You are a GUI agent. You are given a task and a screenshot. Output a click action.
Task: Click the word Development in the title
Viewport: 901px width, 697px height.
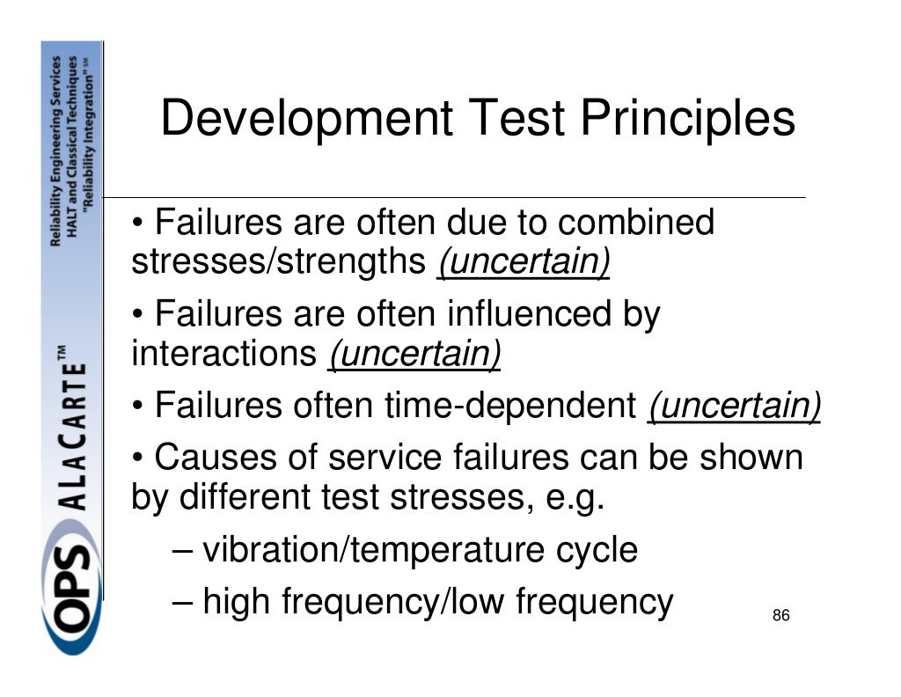point(305,119)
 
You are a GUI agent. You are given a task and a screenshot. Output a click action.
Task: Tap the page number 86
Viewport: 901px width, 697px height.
point(780,615)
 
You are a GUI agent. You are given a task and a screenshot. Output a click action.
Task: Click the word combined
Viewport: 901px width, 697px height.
point(636,223)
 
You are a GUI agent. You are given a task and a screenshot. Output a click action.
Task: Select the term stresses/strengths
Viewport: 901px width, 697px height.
point(279,262)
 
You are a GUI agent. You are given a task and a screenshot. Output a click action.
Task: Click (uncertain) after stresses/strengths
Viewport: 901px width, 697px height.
point(524,262)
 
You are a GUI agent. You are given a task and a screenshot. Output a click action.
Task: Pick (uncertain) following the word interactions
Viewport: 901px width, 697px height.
point(414,355)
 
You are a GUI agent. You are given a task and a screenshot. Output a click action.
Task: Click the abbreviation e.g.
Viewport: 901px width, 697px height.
point(573,498)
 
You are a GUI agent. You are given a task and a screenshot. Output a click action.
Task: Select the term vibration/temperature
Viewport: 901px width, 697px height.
point(350,550)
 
